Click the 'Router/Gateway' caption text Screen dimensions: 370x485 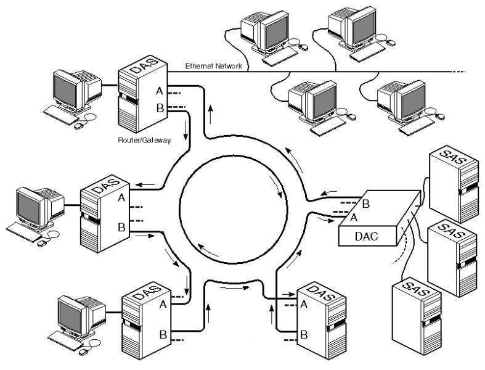[x=144, y=140]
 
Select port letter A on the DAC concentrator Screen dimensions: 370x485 [x=353, y=217]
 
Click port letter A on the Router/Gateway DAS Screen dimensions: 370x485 [x=159, y=91]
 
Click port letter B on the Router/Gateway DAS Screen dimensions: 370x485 [x=159, y=109]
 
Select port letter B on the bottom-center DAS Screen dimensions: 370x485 [x=303, y=335]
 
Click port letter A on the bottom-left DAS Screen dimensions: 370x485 [x=163, y=304]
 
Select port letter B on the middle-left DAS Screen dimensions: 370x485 [x=121, y=228]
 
